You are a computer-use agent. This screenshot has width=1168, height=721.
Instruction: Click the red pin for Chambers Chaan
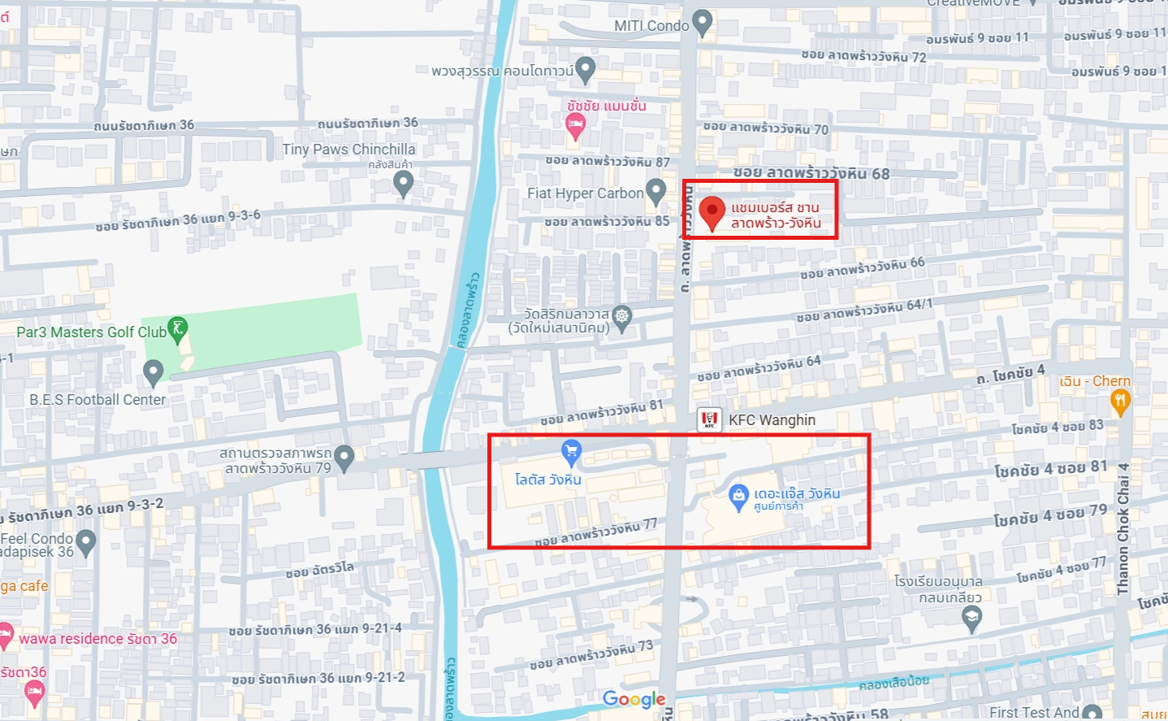(712, 212)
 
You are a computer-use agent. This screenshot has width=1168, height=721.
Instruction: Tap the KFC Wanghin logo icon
(709, 419)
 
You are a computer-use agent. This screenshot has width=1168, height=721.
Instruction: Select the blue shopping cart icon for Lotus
(572, 451)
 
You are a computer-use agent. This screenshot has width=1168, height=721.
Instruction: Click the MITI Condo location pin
(703, 23)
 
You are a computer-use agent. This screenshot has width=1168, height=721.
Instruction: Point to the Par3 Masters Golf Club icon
(177, 329)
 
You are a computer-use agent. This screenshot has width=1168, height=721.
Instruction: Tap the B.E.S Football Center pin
(153, 373)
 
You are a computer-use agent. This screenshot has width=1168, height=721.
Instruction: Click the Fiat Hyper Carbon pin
(655, 192)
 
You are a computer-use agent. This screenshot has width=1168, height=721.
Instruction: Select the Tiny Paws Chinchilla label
(348, 150)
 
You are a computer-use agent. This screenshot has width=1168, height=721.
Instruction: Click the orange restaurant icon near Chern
(1120, 401)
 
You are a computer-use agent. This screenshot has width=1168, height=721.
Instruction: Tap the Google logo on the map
(634, 699)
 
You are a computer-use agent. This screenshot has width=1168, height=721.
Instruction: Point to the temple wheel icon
(622, 316)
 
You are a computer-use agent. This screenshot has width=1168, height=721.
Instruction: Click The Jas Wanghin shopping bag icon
(738, 495)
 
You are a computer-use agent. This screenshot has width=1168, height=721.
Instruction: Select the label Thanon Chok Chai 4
(1123, 528)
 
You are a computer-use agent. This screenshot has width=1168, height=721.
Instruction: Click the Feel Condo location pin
(86, 541)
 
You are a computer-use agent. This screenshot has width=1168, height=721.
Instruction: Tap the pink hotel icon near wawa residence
(5, 634)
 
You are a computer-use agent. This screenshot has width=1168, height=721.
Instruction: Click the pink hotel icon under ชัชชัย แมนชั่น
(575, 125)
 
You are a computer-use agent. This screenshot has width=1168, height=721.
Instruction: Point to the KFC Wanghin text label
(772, 420)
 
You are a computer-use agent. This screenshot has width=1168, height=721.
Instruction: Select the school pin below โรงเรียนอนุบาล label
(971, 619)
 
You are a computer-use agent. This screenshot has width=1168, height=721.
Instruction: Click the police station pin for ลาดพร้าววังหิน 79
(344, 458)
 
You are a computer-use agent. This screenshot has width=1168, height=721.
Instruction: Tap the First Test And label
(1034, 713)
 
